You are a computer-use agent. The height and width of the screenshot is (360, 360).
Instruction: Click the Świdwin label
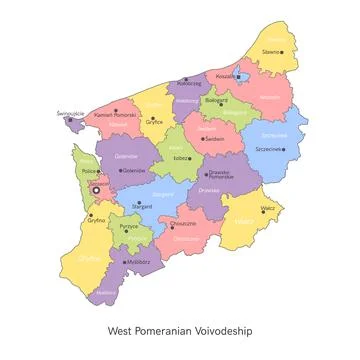point(213,138)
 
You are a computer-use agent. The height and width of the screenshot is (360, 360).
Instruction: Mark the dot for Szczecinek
point(284,150)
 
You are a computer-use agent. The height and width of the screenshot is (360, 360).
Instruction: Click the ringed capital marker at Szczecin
point(96,189)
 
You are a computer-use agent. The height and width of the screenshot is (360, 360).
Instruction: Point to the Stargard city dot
point(134,207)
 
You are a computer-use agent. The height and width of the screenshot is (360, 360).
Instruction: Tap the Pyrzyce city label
point(128,227)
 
